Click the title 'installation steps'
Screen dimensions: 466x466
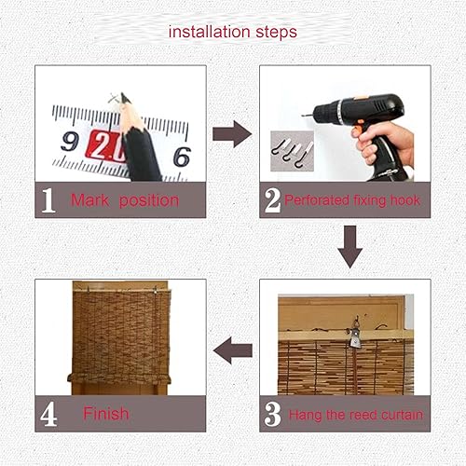(233, 33)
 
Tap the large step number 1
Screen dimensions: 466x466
(48, 200)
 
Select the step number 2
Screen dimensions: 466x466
(272, 200)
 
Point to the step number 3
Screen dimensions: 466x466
(272, 414)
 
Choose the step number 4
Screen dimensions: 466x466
(48, 414)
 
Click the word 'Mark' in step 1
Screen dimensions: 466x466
(90, 200)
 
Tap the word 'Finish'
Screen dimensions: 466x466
(106, 414)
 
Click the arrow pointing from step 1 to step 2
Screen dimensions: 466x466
(232, 134)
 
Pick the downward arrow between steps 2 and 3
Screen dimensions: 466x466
(350, 247)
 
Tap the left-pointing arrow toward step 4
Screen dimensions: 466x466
(233, 350)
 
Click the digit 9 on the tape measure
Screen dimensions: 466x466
(70, 142)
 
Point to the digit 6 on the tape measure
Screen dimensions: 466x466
(182, 157)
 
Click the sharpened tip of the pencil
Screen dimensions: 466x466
(123, 94)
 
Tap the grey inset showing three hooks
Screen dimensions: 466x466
(292, 151)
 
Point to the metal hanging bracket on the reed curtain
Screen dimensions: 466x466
(355, 337)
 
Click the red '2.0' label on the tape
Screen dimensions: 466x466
(107, 146)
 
